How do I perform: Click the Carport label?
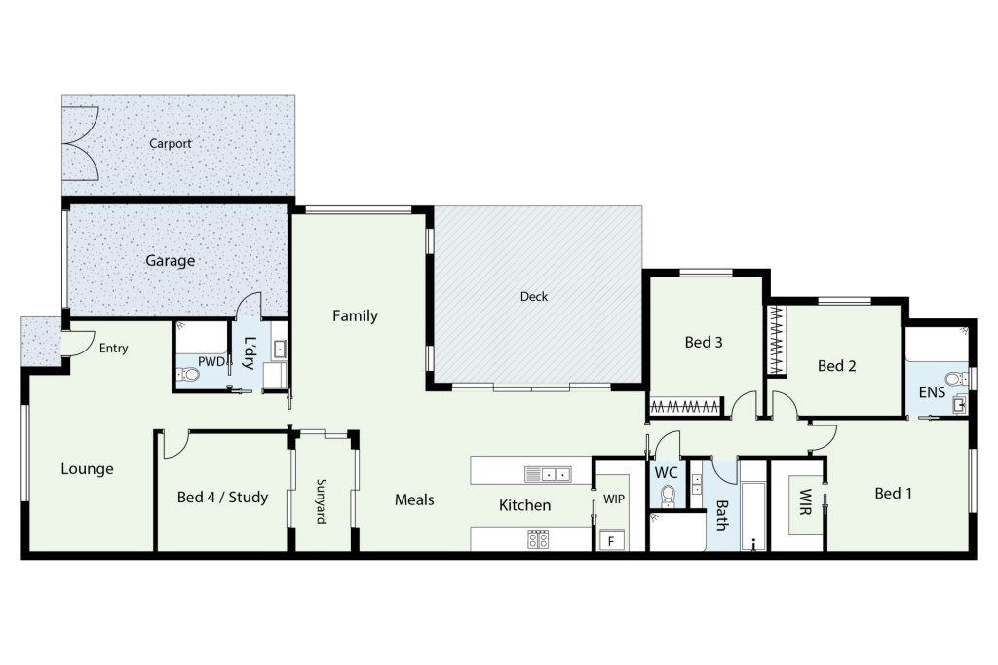pyautogui.click(x=170, y=144)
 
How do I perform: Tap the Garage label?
pyautogui.click(x=170, y=261)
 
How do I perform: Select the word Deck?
pyautogui.click(x=533, y=296)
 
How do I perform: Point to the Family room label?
pyautogui.click(x=355, y=316)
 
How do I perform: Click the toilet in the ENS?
pyautogui.click(x=953, y=379)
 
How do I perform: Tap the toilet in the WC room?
pyautogui.click(x=668, y=495)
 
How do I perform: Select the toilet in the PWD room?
pyautogui.click(x=187, y=374)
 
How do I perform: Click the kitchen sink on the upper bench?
pyautogui.click(x=548, y=473)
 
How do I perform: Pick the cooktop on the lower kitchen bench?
pyautogui.click(x=538, y=539)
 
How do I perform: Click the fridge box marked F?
pyautogui.click(x=612, y=541)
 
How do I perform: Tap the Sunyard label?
pyautogui.click(x=322, y=501)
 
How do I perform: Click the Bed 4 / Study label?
pyautogui.click(x=222, y=498)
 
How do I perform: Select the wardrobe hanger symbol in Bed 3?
pyautogui.click(x=686, y=406)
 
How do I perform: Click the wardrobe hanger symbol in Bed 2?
pyautogui.click(x=775, y=340)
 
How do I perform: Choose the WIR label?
pyautogui.click(x=805, y=501)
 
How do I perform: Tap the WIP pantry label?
pyautogui.click(x=614, y=499)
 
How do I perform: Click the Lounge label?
pyautogui.click(x=87, y=469)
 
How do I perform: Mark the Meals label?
pyautogui.click(x=414, y=499)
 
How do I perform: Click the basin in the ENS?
pyautogui.click(x=960, y=404)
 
